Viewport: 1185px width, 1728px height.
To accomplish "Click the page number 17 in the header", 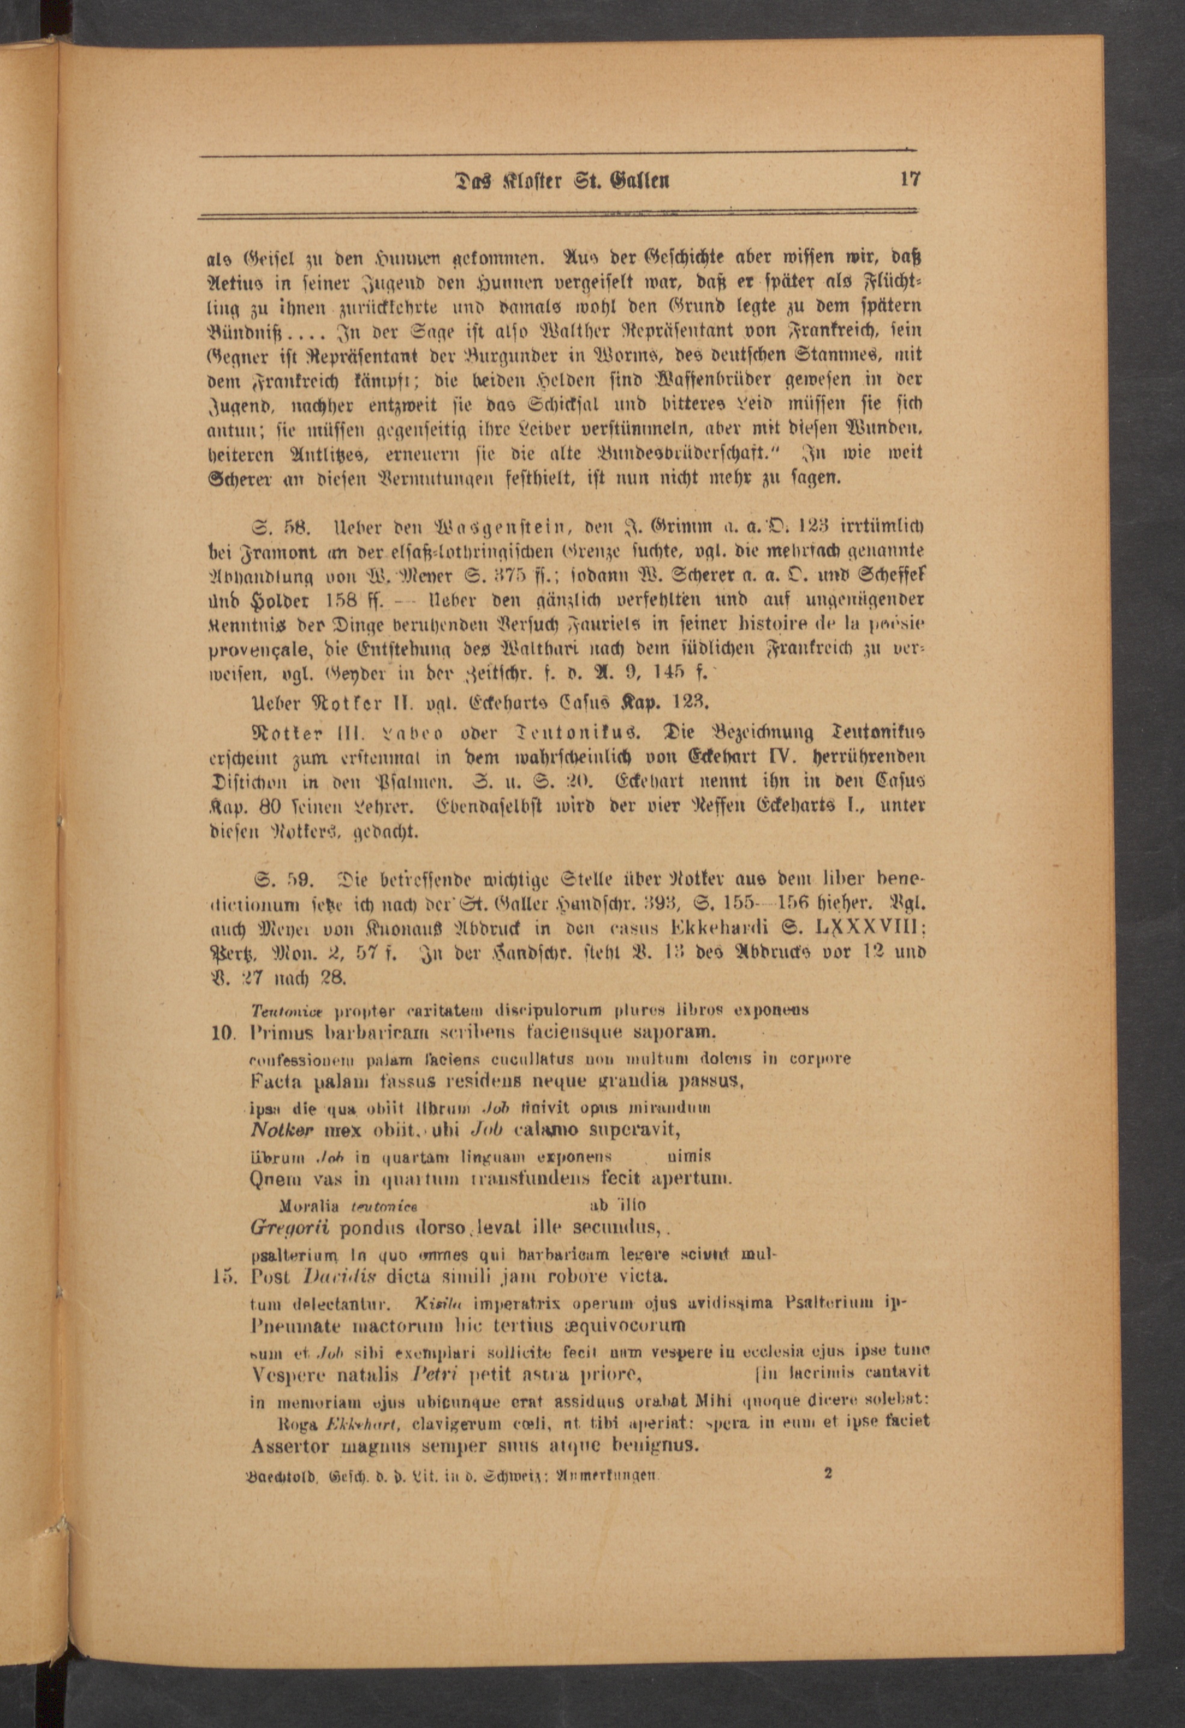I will coord(910,180).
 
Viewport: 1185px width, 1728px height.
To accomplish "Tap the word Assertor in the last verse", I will coord(291,1446).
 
